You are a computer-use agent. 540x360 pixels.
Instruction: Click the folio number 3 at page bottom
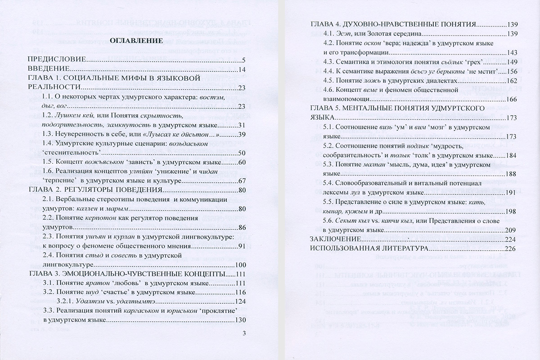(x=243, y=333)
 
